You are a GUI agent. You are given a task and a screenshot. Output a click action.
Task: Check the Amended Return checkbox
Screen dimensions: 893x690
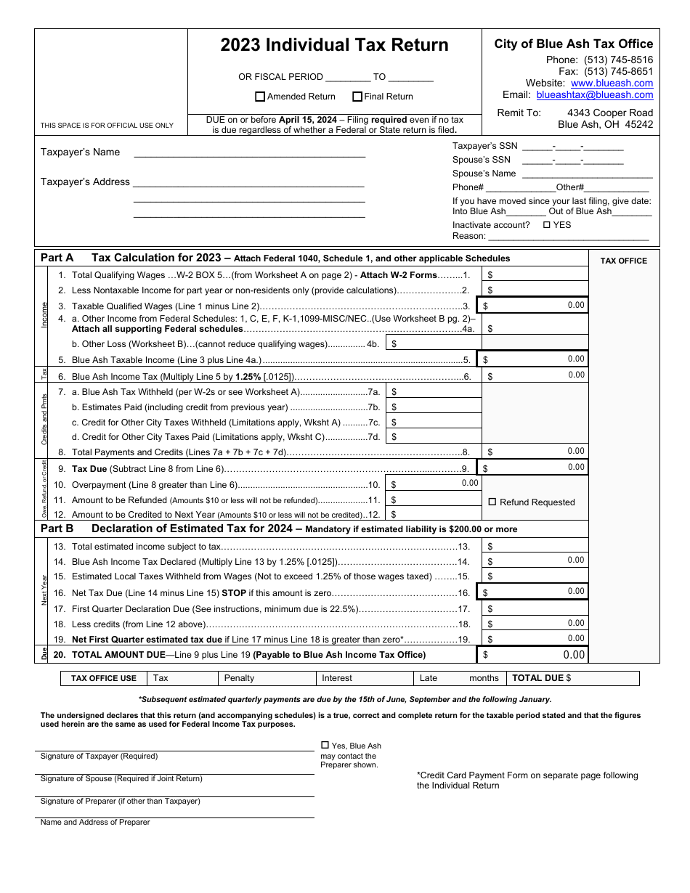(x=260, y=97)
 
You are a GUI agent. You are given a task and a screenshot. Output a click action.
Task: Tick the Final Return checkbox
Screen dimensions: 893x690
(x=357, y=97)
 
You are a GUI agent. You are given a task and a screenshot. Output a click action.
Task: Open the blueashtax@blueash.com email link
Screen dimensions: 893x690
(x=594, y=95)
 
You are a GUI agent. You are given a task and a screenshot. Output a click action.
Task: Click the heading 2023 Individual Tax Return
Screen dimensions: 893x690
(x=334, y=45)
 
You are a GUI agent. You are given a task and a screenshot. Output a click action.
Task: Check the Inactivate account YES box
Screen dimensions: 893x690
(x=547, y=225)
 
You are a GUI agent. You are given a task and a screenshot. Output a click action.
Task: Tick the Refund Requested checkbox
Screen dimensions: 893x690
(x=492, y=502)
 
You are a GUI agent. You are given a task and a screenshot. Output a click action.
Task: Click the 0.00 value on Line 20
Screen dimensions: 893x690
(x=574, y=655)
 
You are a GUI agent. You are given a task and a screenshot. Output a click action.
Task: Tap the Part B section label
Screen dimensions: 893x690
(x=57, y=529)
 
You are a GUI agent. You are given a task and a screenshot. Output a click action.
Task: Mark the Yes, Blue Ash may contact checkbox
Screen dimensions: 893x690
(x=325, y=745)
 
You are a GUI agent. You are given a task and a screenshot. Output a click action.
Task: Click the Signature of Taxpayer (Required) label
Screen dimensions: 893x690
(x=99, y=756)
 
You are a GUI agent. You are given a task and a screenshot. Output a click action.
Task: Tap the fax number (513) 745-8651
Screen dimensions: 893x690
(x=618, y=72)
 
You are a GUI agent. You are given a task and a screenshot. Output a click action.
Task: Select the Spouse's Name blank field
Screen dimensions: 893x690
(x=587, y=174)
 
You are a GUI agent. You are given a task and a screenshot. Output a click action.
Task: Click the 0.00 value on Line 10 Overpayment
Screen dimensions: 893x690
(x=470, y=483)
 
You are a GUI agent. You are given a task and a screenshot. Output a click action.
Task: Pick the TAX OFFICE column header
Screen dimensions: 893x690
(x=623, y=261)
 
